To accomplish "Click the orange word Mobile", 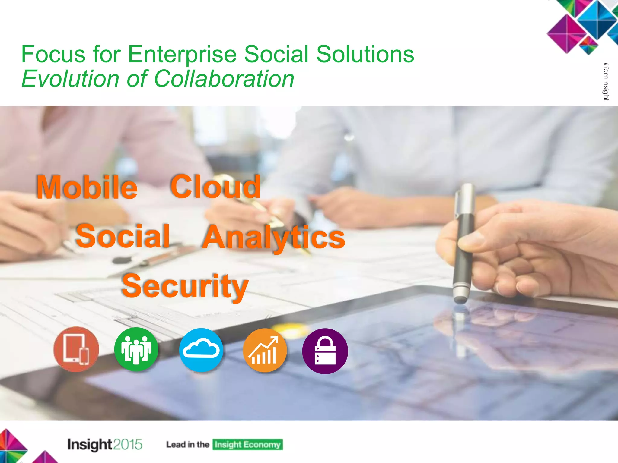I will (x=87, y=187).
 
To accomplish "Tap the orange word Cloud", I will (x=215, y=187).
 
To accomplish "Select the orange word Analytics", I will (x=273, y=238).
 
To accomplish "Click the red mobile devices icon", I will (x=76, y=349).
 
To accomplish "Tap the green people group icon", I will (x=136, y=349).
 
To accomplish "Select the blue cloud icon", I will (x=201, y=350).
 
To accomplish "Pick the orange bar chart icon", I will (x=265, y=350).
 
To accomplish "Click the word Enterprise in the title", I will (x=182, y=54).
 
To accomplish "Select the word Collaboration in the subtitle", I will (x=224, y=79).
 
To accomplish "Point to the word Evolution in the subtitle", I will (x=71, y=79).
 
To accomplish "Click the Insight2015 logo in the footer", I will (x=105, y=444).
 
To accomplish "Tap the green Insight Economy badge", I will (x=247, y=445).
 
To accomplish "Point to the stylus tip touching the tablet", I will (x=460, y=300).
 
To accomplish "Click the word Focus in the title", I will (x=53, y=54).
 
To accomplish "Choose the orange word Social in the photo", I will (x=123, y=236).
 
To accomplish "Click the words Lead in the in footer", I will (x=188, y=445).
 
